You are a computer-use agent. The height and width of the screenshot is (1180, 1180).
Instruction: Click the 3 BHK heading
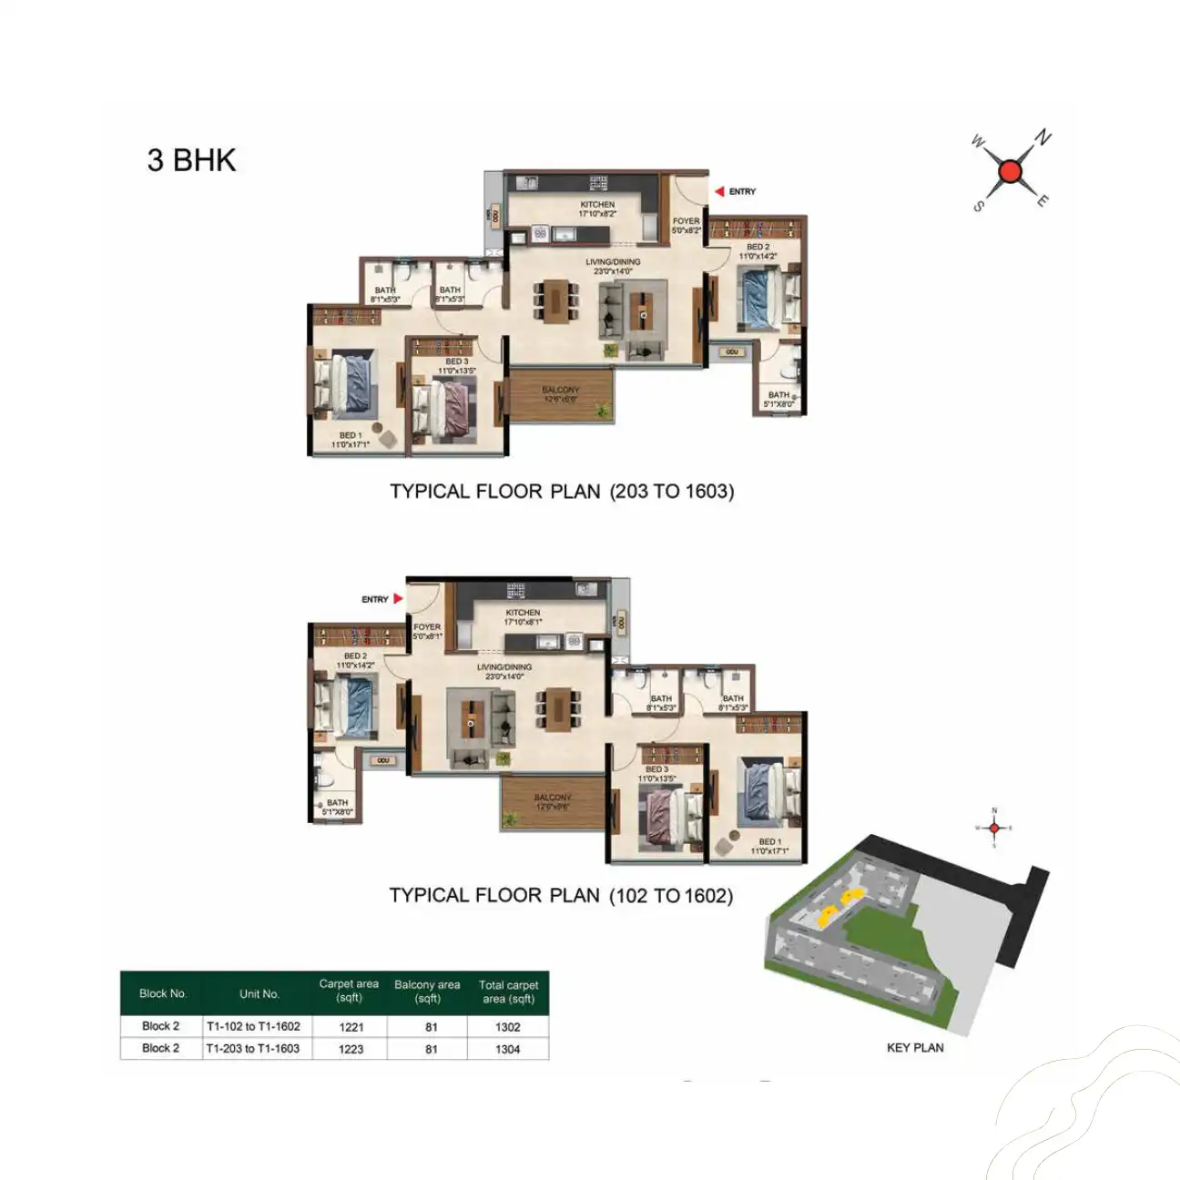(191, 160)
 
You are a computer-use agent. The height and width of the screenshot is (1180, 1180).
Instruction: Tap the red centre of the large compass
(1010, 171)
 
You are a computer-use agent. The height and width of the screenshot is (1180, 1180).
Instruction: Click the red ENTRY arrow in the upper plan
(719, 191)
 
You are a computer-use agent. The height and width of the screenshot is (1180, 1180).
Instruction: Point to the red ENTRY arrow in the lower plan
(398, 599)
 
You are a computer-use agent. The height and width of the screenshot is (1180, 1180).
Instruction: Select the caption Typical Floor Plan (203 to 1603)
(562, 492)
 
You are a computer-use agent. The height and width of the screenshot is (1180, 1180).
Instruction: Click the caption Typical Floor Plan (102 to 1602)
(561, 896)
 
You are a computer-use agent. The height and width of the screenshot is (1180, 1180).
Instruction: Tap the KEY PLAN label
(915, 1047)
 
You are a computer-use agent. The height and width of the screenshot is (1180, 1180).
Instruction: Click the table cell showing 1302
(508, 1027)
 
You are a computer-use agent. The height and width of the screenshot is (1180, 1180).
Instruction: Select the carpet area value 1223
(351, 1049)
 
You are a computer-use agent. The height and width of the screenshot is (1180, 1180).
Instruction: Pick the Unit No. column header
(259, 993)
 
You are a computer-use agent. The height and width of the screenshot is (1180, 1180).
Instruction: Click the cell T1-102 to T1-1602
(253, 1026)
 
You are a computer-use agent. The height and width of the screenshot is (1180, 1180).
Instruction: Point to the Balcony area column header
(427, 992)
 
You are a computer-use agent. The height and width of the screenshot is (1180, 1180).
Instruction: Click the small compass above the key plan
(994, 828)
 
